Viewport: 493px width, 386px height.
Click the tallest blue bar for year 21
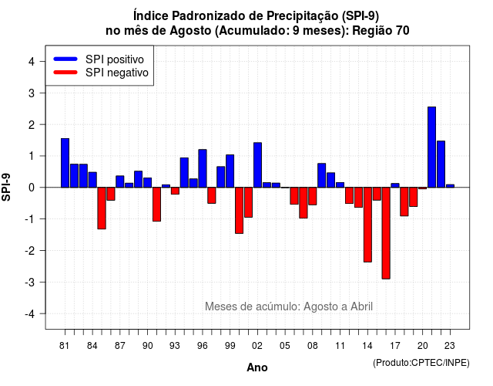[431, 147]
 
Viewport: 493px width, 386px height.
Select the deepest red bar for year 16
[386, 233]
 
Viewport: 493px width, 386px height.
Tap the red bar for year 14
[367, 225]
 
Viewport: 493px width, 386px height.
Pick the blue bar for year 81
[65, 163]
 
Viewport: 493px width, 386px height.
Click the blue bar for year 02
[257, 165]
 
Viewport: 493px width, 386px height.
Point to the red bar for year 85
[102, 208]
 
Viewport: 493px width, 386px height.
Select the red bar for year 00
[240, 210]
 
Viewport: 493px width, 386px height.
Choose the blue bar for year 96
[203, 168]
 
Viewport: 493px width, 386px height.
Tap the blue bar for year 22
[441, 164]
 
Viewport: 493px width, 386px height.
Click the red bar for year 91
[156, 204]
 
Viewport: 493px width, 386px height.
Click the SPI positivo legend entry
[99, 59]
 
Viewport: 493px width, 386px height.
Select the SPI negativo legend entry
[101, 73]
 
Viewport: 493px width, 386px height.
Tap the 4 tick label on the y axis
[32, 62]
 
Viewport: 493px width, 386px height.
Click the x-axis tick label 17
[395, 346]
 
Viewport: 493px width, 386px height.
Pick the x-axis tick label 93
[175, 346]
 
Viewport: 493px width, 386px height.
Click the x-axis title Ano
[257, 367]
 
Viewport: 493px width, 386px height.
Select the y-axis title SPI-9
[6, 187]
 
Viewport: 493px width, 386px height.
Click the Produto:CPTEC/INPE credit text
[421, 363]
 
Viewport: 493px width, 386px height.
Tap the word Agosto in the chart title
[190, 31]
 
